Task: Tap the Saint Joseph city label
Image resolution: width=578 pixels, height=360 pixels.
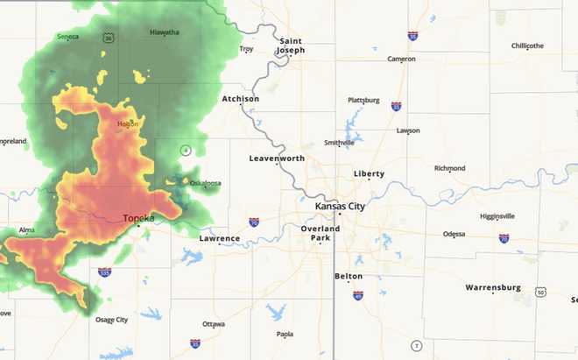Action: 292,46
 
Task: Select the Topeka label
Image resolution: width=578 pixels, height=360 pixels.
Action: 138,217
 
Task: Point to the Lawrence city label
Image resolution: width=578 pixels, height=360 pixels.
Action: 219,238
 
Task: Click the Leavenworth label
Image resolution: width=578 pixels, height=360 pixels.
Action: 277,159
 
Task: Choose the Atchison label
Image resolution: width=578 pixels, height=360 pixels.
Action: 241,99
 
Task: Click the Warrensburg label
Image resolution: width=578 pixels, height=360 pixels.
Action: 493,287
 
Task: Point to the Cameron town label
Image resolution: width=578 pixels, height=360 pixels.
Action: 401,59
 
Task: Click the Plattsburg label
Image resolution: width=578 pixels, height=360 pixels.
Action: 363,101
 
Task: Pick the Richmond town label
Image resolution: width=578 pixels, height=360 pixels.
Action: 449,168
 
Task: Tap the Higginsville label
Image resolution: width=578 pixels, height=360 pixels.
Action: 497,216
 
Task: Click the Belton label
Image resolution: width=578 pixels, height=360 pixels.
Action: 349,276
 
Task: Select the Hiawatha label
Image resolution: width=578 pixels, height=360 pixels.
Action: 165,32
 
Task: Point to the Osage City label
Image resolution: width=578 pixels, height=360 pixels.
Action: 110,320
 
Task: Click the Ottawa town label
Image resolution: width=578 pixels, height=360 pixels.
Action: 214,323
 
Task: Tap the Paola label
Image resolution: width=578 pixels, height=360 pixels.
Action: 285,334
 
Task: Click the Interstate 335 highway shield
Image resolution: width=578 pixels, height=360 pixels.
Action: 104,272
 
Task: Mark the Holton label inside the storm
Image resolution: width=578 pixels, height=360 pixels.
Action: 128,124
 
